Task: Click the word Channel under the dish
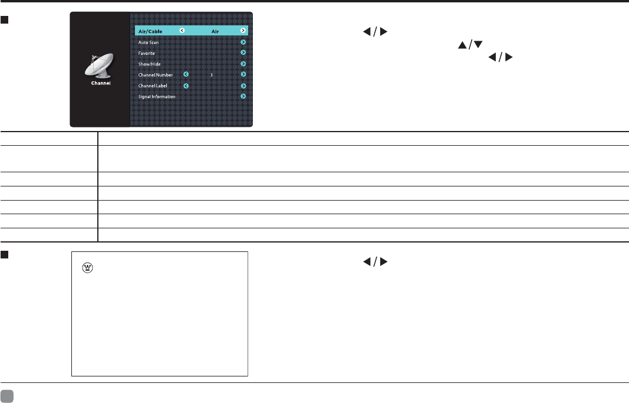point(100,83)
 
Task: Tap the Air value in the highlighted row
point(216,31)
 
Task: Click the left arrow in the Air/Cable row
point(181,31)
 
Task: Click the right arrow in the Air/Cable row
point(243,31)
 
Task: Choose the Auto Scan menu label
point(148,42)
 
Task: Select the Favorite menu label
point(147,53)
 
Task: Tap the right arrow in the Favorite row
point(243,53)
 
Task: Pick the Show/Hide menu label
point(149,64)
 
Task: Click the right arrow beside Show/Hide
point(243,64)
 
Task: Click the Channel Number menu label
point(156,75)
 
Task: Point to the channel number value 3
point(212,75)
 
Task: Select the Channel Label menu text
point(153,86)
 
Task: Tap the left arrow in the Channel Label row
point(186,86)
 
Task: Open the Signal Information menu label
point(156,97)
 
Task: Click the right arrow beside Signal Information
point(243,96)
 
